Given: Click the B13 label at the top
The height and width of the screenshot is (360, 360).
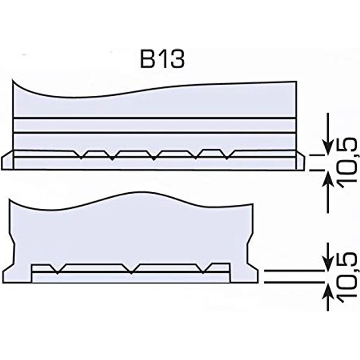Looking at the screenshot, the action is [x=162, y=60].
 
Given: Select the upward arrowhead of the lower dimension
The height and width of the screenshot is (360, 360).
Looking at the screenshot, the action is [x=329, y=290].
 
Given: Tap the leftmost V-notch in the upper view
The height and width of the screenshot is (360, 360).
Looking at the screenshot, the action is [x=81, y=155].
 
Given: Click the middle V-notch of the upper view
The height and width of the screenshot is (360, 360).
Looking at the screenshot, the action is [x=154, y=156].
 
